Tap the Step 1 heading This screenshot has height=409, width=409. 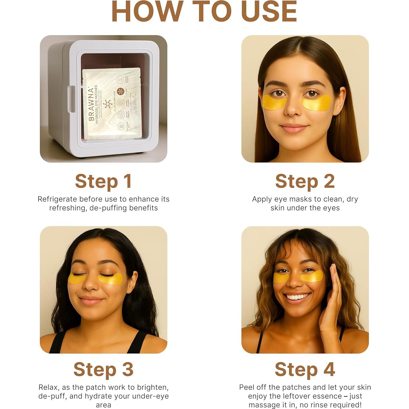pos(104,181)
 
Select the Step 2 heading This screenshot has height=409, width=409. pos(305,181)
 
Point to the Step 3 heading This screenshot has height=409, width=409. pos(104,369)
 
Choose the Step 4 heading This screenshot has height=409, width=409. pos(305,369)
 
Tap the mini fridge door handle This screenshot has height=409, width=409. pos(71,98)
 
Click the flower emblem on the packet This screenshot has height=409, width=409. pos(108,104)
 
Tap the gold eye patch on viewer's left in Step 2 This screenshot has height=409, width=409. pos(274,102)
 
